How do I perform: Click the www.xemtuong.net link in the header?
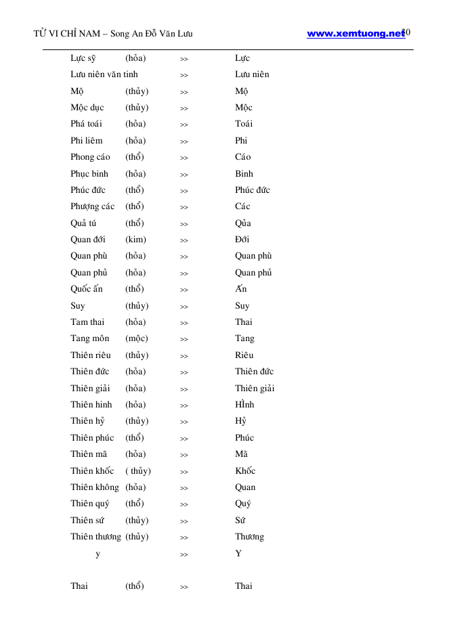click(x=355, y=33)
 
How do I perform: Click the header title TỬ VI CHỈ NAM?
click(x=66, y=34)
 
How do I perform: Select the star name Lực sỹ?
click(x=83, y=59)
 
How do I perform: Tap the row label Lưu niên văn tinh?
click(x=104, y=74)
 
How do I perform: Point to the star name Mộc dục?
click(x=87, y=108)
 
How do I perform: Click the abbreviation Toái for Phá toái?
click(x=244, y=124)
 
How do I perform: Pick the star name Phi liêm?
click(x=87, y=141)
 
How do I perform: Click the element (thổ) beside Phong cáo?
click(x=134, y=157)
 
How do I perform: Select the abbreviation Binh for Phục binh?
click(x=244, y=174)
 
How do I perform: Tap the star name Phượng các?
click(x=92, y=206)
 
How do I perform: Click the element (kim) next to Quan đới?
click(x=135, y=240)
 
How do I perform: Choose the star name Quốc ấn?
click(x=87, y=289)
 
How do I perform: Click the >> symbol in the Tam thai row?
click(x=184, y=323)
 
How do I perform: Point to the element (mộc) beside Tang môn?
click(x=136, y=338)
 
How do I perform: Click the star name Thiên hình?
click(x=91, y=405)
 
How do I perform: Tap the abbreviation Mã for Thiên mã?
click(x=242, y=454)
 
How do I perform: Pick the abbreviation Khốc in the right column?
click(x=245, y=471)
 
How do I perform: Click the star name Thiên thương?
click(x=95, y=537)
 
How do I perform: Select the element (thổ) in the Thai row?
click(x=134, y=586)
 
